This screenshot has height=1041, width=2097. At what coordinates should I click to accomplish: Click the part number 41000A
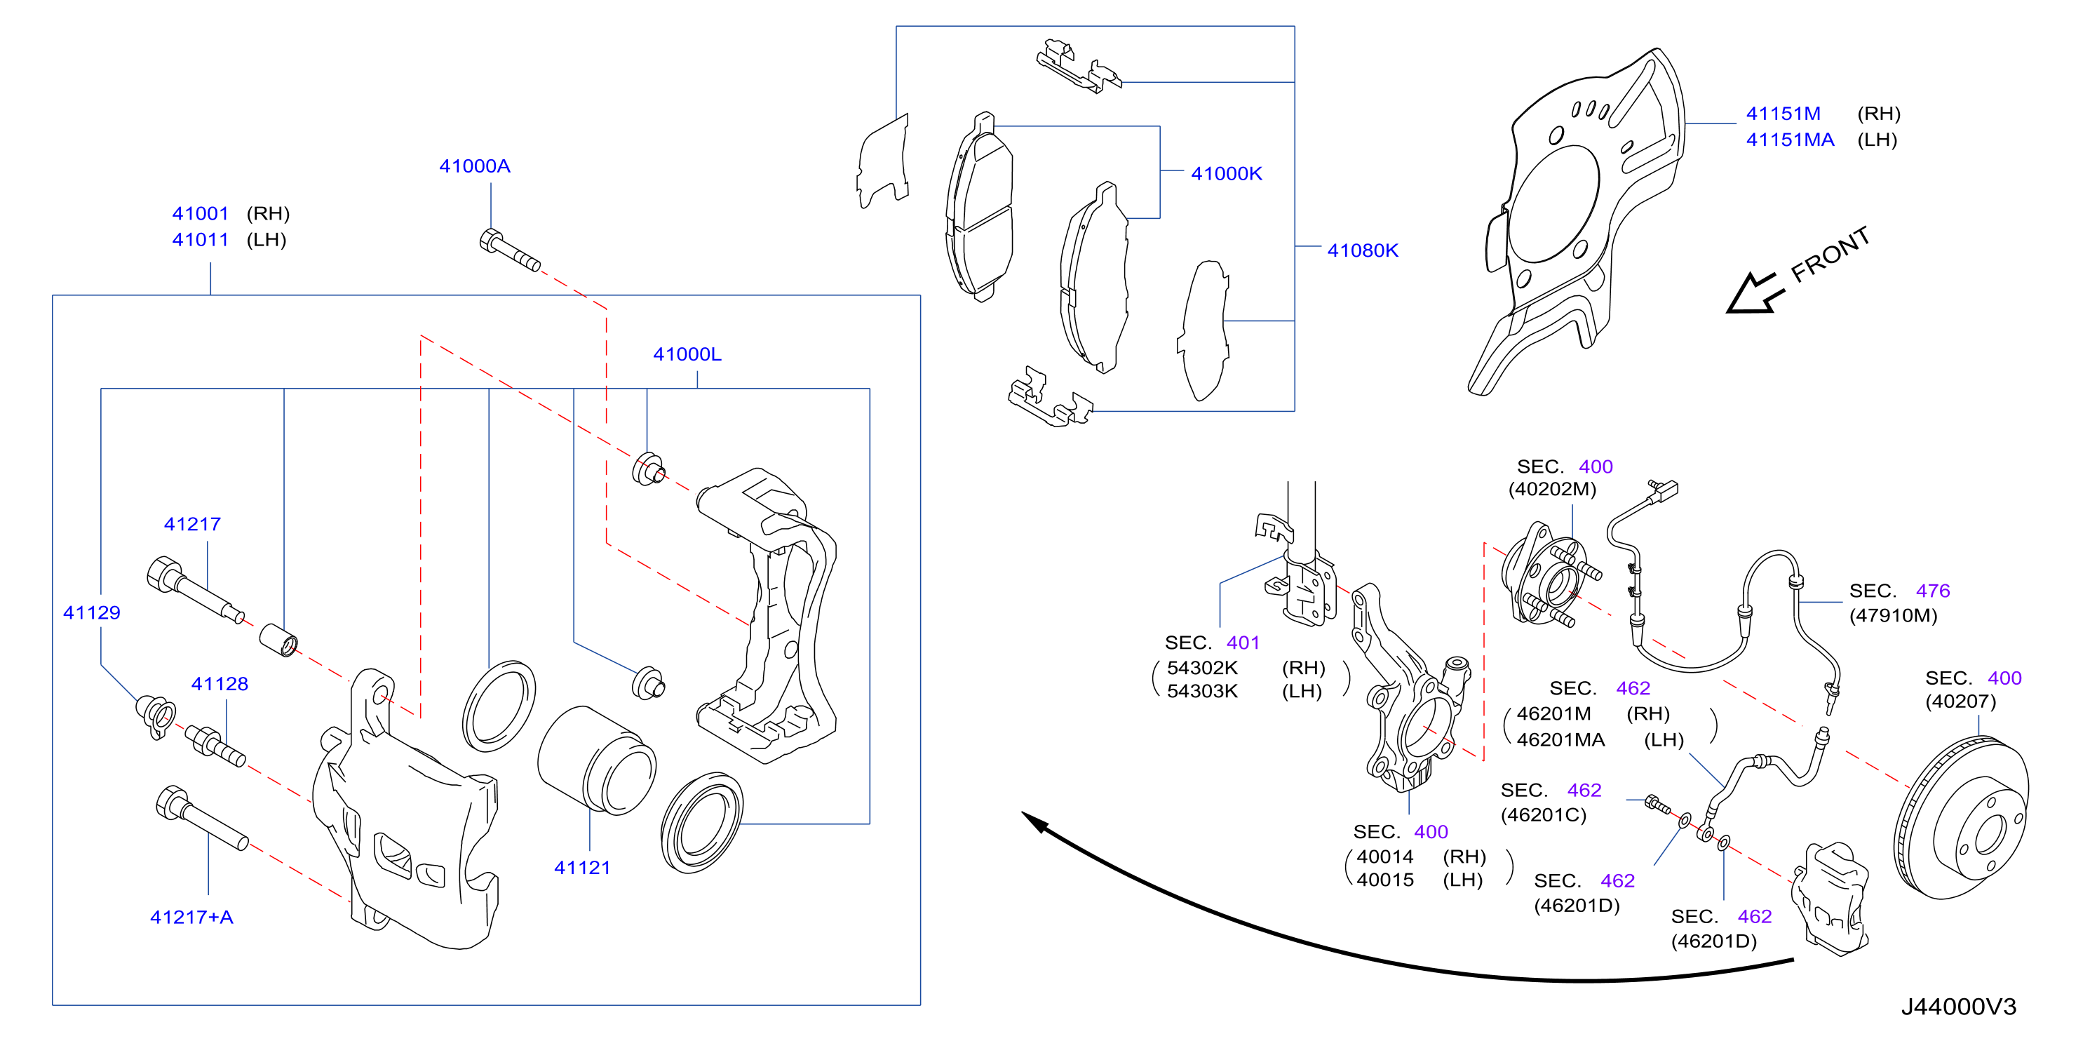475,166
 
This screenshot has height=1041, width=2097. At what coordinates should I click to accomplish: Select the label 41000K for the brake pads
1226,173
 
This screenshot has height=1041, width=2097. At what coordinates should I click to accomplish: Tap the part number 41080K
1363,250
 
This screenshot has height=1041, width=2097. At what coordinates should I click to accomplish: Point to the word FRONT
1830,254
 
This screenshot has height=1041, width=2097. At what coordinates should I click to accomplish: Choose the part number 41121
582,868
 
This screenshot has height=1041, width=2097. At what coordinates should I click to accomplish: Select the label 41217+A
191,918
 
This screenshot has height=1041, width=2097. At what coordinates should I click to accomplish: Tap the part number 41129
91,613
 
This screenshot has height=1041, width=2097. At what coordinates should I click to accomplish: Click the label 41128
220,684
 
